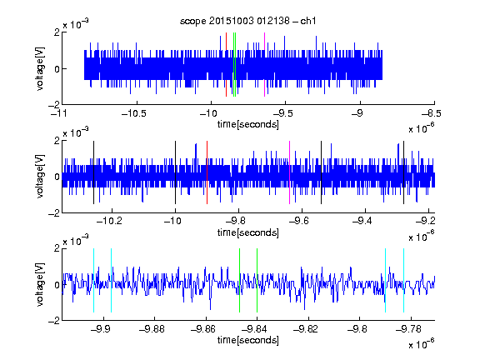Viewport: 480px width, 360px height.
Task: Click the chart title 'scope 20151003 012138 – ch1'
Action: (x=248, y=21)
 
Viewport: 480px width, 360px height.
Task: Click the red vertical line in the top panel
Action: (x=226, y=65)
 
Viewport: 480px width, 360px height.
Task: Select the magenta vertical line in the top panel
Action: (x=264, y=65)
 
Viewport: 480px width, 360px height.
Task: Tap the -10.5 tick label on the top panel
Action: (x=134, y=113)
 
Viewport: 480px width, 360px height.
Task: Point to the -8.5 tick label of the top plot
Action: (x=432, y=113)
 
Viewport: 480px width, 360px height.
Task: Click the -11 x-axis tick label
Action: (x=59, y=113)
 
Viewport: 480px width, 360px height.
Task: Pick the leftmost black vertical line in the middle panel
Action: (x=93, y=172)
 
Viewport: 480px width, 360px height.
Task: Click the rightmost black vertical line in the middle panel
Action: (x=403, y=172)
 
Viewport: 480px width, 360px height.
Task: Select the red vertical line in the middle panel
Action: (x=207, y=172)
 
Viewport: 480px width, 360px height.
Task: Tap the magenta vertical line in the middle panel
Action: (x=290, y=172)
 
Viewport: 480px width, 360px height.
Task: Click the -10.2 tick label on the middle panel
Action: (x=109, y=221)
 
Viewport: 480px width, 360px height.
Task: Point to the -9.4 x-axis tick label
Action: (x=362, y=221)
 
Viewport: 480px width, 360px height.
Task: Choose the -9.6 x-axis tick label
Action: (x=299, y=221)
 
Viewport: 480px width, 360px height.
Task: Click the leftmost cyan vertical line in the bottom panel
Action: (x=93, y=280)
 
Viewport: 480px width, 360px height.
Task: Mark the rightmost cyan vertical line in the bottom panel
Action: (x=403, y=280)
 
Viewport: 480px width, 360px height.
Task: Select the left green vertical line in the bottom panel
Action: (x=239, y=280)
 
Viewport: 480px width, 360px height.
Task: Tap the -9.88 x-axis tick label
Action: (x=152, y=329)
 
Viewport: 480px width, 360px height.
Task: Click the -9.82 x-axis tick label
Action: (x=306, y=329)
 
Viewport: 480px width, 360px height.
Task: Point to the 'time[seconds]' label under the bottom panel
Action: (x=248, y=340)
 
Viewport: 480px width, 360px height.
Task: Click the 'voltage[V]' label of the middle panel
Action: (x=40, y=177)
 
